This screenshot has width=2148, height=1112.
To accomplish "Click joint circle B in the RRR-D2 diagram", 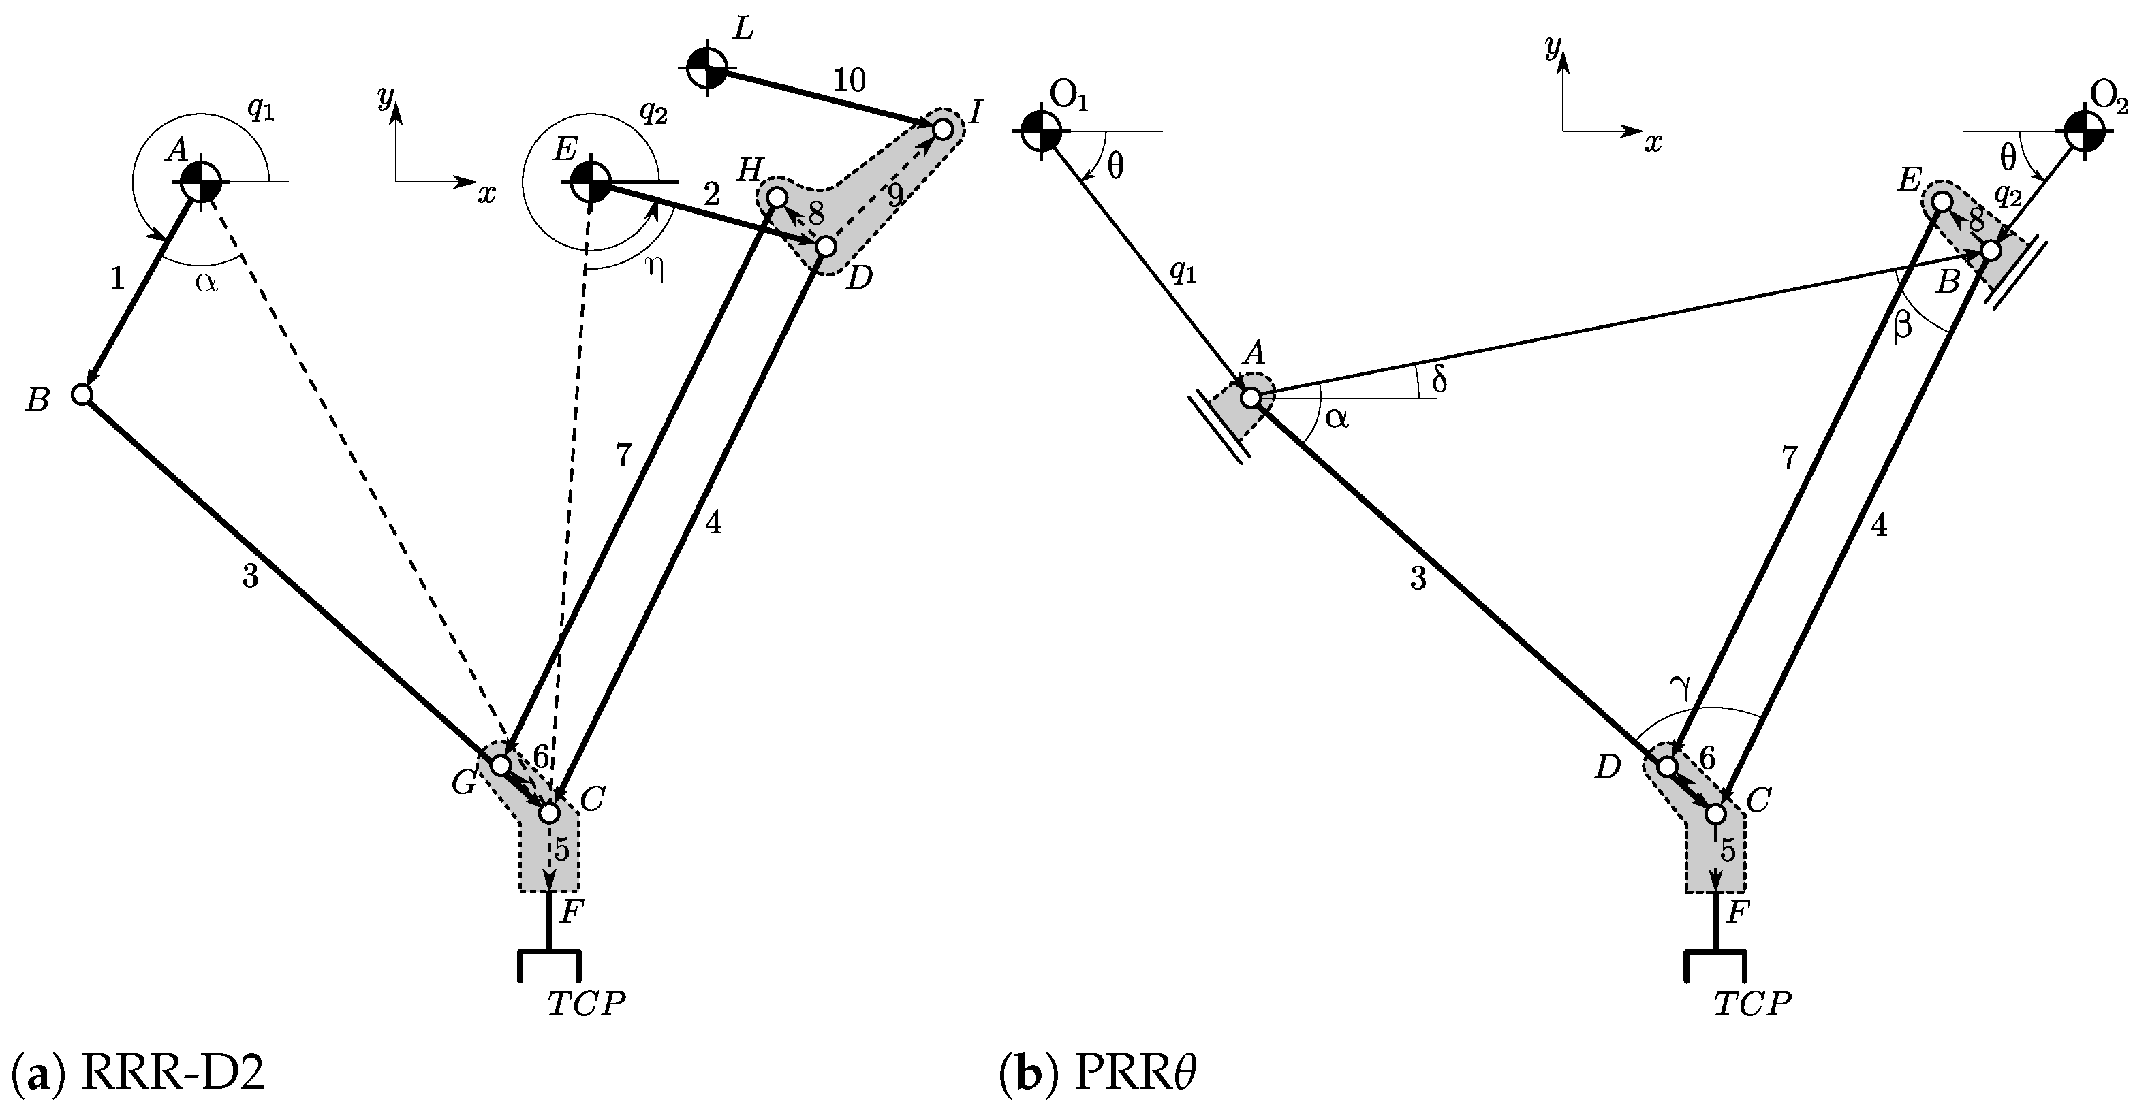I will [82, 394].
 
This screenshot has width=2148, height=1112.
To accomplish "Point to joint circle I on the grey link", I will [942, 129].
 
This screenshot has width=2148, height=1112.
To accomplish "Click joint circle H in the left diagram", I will [777, 197].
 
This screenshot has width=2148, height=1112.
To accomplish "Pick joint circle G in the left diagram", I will [500, 765].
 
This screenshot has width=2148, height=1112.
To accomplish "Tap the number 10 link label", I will [850, 80].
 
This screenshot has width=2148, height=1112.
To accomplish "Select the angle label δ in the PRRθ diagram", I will [1438, 380].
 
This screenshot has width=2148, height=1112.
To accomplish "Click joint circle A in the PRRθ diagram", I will [1251, 398].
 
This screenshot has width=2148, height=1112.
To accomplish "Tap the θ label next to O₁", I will [1115, 168].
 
